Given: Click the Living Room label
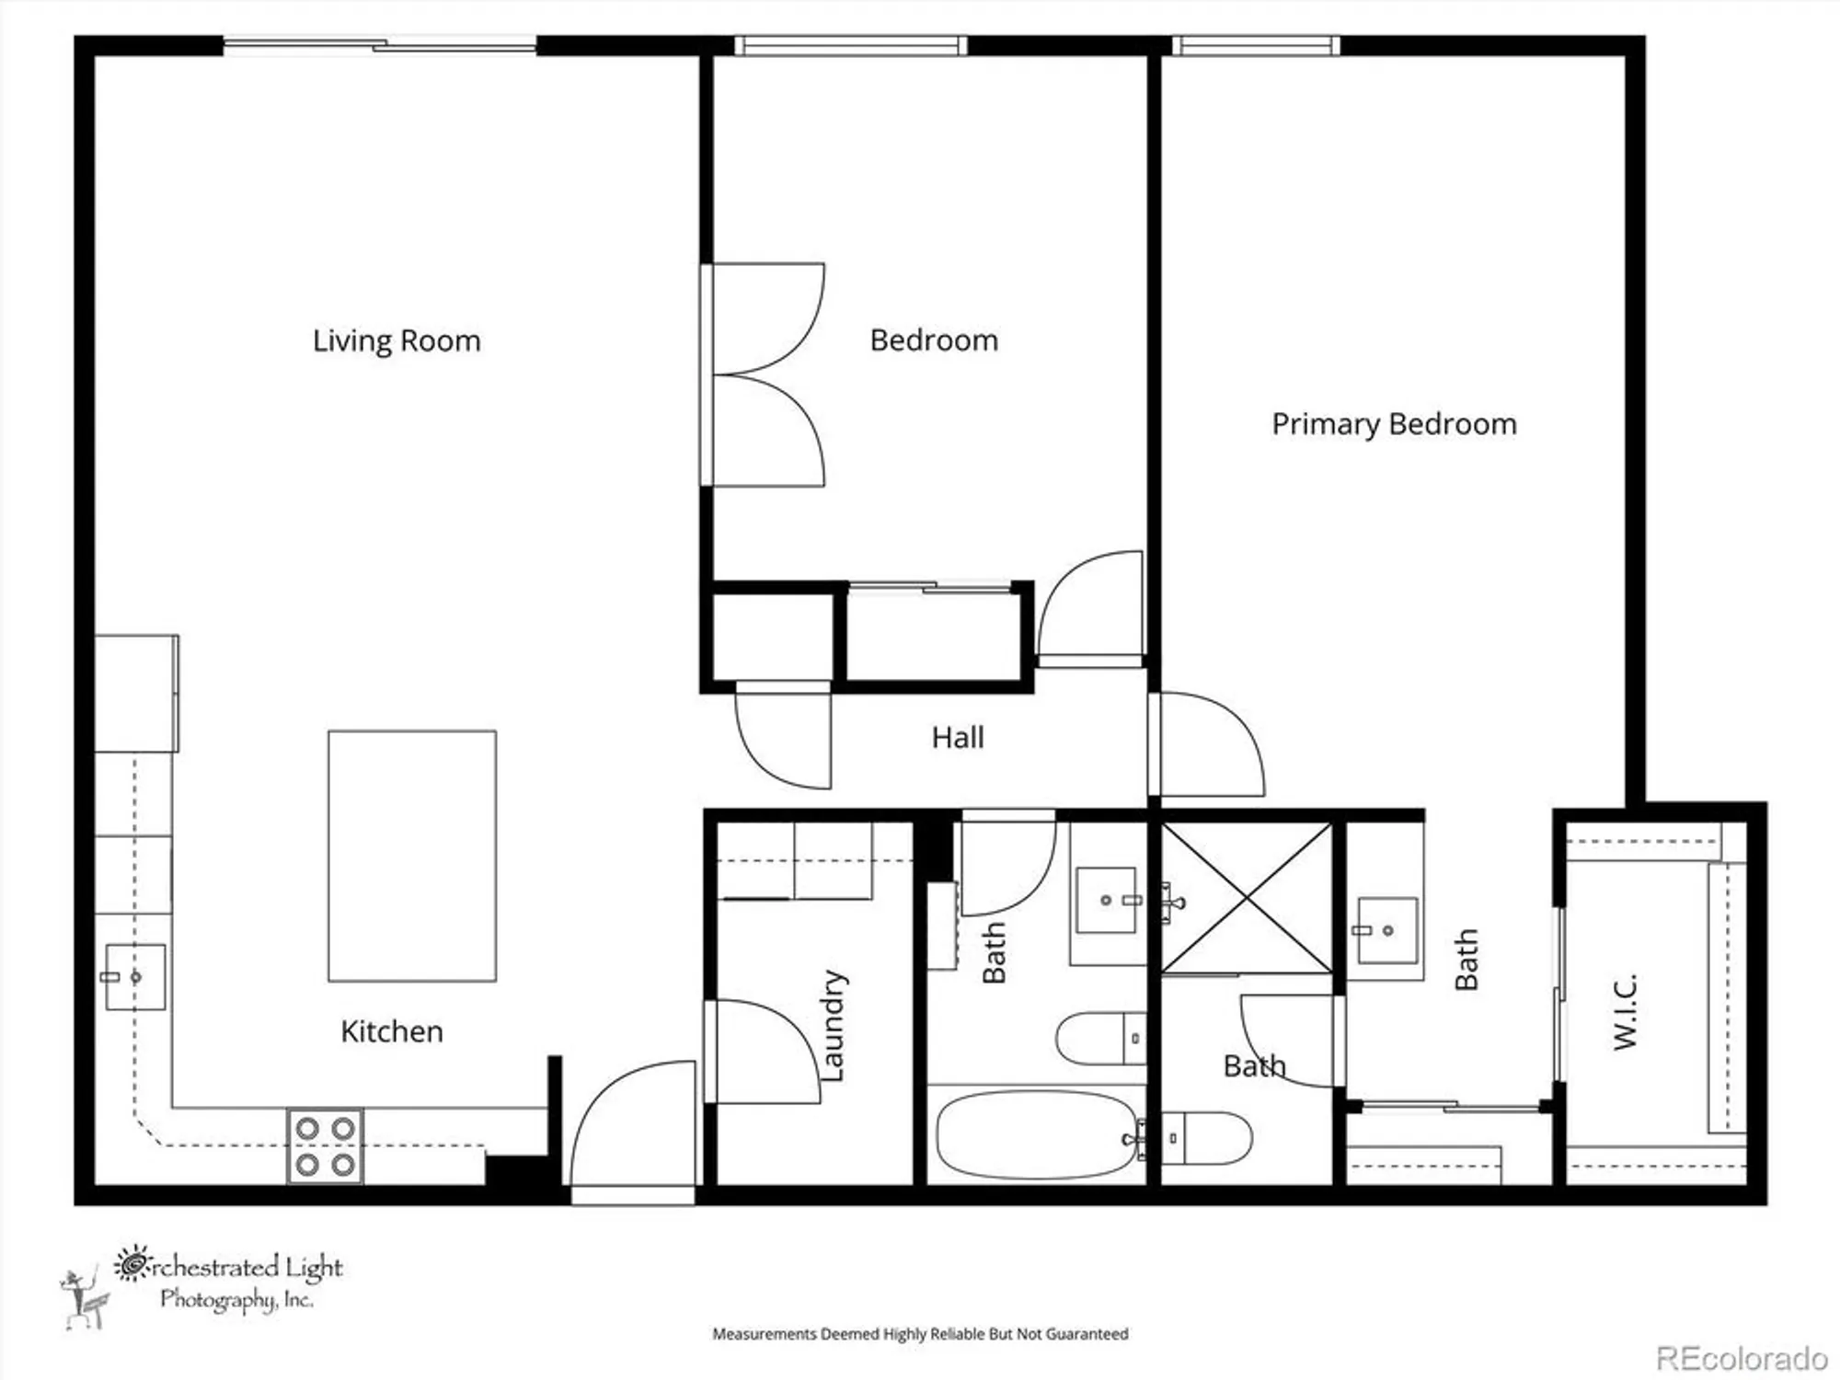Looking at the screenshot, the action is point(397,341).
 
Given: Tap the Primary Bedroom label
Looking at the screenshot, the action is point(1394,424).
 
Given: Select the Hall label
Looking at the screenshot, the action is point(958,737).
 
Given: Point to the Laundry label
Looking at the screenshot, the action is point(832,1025).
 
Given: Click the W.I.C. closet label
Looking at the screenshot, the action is point(1625,1011).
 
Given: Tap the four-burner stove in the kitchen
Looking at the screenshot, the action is point(325,1145).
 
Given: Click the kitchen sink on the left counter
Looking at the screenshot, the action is point(134,976).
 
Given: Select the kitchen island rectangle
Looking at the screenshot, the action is point(412,856).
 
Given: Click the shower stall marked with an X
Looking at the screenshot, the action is point(1247,897).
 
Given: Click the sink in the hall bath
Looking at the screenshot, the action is point(1107,899).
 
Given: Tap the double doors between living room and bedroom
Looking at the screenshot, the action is point(764,374).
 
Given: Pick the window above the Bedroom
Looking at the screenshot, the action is point(850,46).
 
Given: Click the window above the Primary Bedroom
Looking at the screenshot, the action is point(1256,46).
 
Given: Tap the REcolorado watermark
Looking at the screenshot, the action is point(1742,1358).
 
